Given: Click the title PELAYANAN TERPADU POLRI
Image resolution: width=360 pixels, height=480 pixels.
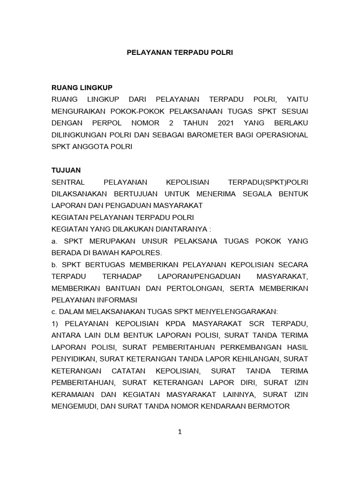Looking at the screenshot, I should [x=180, y=53].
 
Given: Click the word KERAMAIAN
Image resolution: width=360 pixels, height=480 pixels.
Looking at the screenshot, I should [x=74, y=394].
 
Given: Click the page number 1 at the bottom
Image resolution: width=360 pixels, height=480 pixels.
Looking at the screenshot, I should [x=180, y=432].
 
